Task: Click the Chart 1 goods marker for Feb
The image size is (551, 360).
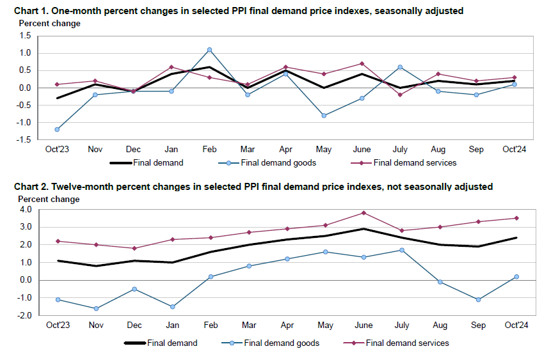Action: (209, 49)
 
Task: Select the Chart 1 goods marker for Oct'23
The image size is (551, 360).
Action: (58, 129)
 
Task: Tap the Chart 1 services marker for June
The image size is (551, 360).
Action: (362, 63)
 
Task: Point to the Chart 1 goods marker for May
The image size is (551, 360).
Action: (324, 116)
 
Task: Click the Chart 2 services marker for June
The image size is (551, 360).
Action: (363, 213)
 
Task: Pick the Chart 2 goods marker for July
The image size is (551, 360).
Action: (401, 250)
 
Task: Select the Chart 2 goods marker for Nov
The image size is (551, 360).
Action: (96, 308)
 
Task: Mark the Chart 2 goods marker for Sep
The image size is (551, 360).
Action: (477, 299)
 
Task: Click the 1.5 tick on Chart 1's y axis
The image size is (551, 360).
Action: (25, 36)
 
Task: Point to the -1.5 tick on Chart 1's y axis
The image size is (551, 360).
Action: (24, 140)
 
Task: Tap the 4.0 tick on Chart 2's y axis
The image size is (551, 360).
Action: (25, 209)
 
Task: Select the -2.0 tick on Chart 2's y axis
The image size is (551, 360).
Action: (24, 315)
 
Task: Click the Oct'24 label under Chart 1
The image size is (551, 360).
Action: (515, 150)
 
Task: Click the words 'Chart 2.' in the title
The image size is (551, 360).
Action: (31, 187)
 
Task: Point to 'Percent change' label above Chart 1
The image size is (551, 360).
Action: (49, 24)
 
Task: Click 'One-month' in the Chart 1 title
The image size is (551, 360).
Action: (80, 11)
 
